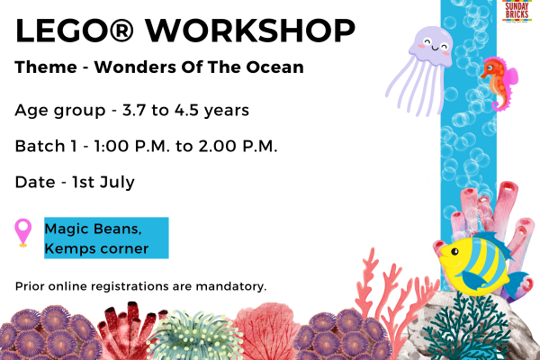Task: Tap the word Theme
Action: [39, 68]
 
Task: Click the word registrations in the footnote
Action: [132, 287]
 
